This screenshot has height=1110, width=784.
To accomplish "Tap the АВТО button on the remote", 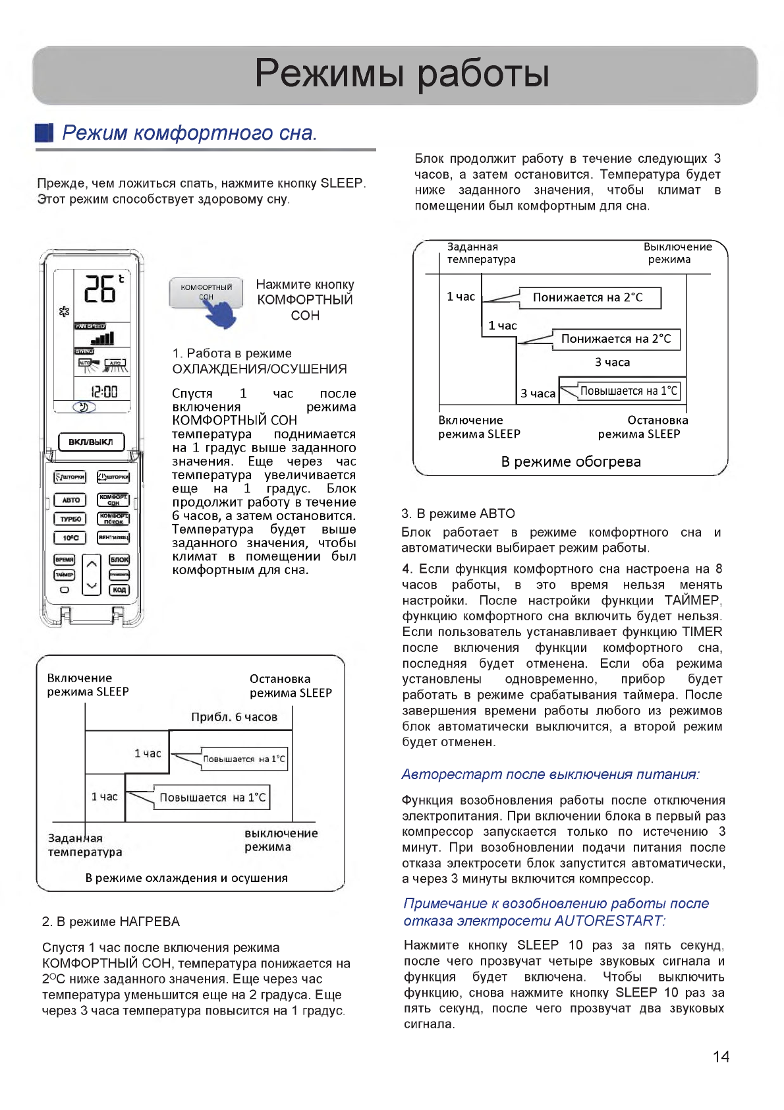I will coord(70,500).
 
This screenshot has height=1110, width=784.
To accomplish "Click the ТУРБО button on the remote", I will coord(70,519).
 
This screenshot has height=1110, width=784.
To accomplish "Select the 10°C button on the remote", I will coord(70,538).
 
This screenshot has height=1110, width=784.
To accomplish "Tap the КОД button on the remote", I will coord(119,589).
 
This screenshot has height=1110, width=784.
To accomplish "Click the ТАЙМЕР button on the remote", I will coord(65,575).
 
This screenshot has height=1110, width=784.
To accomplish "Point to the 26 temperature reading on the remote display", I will coord(100,289).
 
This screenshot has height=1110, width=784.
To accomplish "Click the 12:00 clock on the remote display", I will coord(104,392).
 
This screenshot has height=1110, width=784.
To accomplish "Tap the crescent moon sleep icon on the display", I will coord(84,407).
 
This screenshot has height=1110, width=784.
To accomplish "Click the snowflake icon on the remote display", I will coord(64,311).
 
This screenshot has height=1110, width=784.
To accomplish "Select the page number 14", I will coord(721,1057).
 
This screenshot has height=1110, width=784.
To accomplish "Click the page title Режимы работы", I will coord(402,73).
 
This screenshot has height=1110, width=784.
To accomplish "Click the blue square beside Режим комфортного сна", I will coord(44,132).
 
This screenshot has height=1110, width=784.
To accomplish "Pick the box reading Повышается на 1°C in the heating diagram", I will coord(629,391).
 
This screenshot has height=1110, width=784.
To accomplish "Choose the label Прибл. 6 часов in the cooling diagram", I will coord(234,717).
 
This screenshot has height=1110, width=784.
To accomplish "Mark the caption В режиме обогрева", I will coord(571,461).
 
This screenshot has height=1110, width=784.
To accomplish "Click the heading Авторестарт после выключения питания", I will coord(550,774).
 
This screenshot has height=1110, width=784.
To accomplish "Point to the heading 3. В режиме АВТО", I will coord(459,513).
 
